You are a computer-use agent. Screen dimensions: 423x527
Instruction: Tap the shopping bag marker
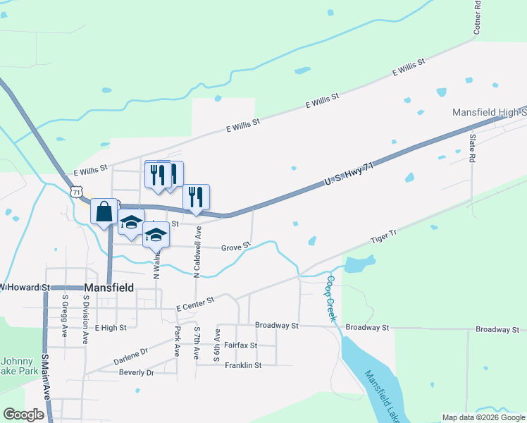tap(104, 211)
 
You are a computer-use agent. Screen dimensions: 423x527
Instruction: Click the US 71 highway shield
tap(77, 192)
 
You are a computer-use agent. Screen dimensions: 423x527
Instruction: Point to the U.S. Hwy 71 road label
tap(348, 174)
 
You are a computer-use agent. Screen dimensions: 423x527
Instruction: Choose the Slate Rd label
tap(473, 148)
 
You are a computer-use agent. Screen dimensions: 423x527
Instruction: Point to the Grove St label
tap(236, 247)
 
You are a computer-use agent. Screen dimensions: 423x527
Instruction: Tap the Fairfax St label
tap(240, 345)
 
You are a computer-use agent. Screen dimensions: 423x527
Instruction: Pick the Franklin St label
tap(243, 365)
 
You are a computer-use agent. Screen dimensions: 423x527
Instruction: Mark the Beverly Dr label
tap(136, 372)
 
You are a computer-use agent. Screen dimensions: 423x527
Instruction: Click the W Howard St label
tap(25, 288)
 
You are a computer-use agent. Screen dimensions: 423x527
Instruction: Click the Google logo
tap(24, 415)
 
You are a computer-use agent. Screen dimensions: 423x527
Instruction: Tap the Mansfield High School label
tap(489, 113)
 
